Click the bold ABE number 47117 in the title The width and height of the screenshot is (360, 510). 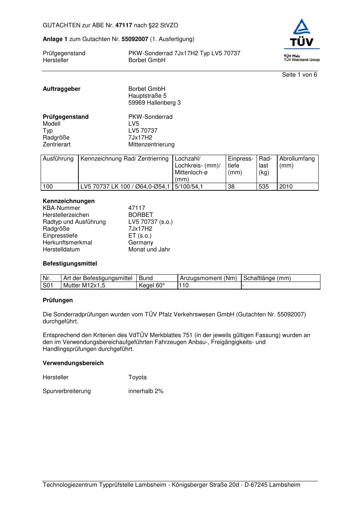[123, 25]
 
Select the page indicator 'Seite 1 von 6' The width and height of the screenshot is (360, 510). [299, 75]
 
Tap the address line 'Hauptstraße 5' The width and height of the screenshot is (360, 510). [147, 96]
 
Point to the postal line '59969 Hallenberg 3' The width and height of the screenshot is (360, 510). [154, 103]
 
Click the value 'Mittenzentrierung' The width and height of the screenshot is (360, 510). [151, 145]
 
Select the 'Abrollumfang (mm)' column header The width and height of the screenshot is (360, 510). [297, 162]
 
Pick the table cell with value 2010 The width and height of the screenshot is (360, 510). [286, 187]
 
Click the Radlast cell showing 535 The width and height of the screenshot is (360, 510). [264, 187]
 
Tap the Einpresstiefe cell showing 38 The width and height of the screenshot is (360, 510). [232, 187]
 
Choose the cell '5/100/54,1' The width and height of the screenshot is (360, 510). [189, 187]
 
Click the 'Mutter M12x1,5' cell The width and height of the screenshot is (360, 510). [84, 286]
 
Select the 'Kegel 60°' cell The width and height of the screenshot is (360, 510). [152, 286]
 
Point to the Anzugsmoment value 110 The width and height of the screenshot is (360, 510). [184, 286]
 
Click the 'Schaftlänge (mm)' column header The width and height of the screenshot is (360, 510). [267, 278]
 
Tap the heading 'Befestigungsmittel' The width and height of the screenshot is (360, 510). [70, 264]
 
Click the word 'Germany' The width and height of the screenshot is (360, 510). [141, 243]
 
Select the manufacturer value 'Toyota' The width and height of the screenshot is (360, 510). [138, 377]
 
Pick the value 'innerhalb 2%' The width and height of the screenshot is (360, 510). [146, 391]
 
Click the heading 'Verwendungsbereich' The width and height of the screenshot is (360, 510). [73, 363]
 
